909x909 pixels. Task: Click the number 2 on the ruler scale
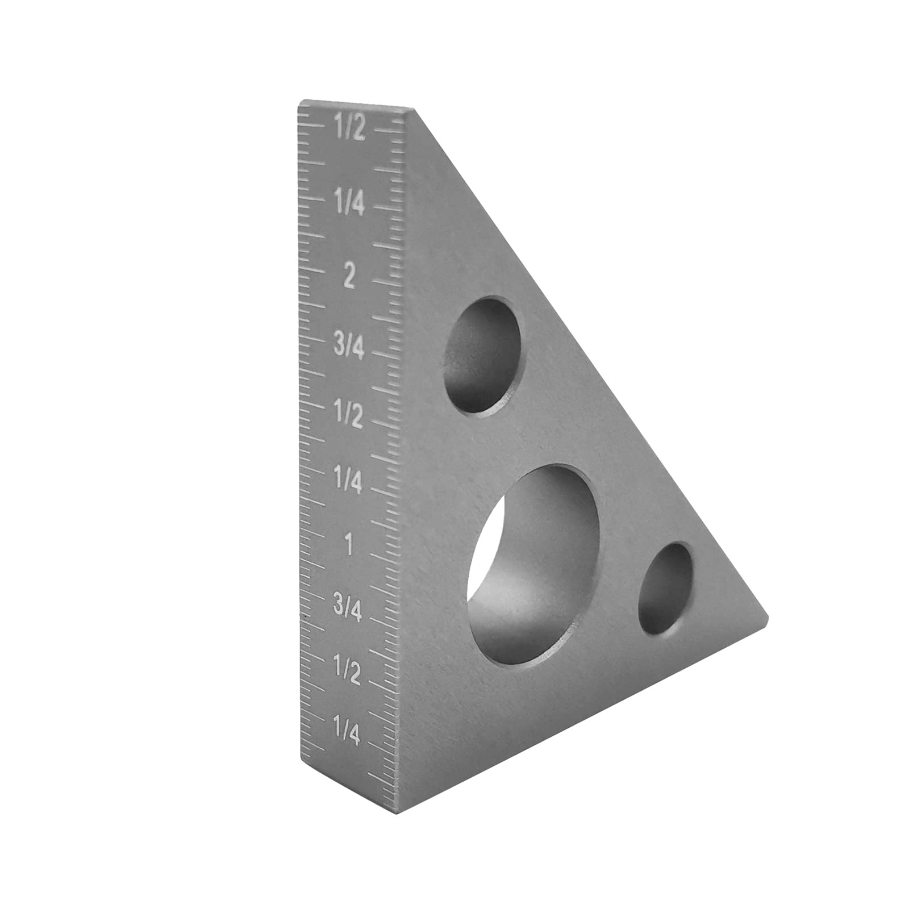[x=349, y=277]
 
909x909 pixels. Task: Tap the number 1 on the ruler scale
[x=349, y=546]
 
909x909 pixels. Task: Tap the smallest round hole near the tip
[x=665, y=589]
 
